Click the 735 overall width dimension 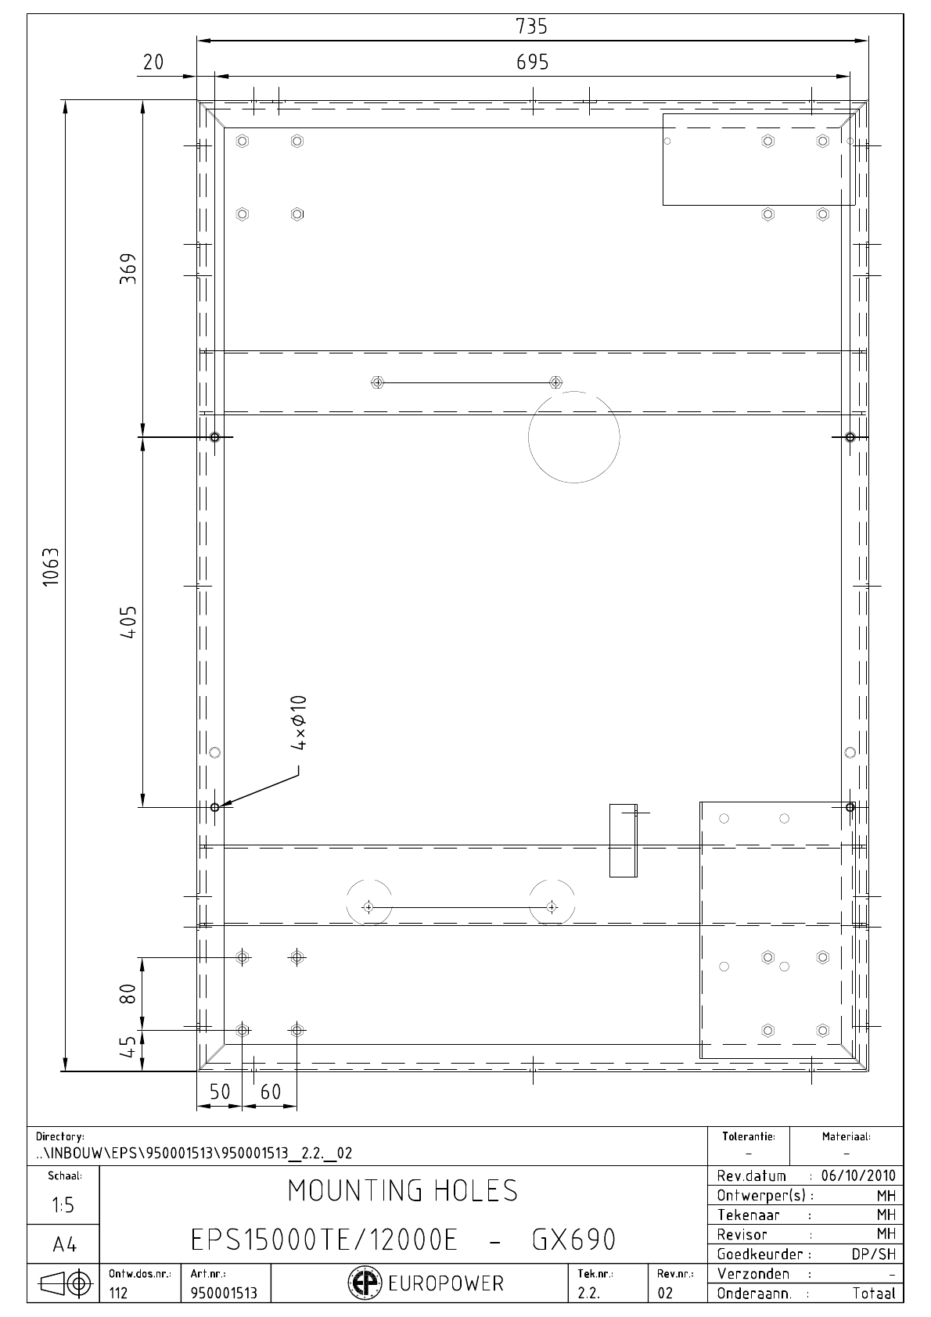pos(531,27)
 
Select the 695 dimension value pos(532,62)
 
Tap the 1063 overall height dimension pos(51,566)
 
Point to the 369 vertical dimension pos(128,269)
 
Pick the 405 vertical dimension pos(128,623)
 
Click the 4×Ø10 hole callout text pos(299,723)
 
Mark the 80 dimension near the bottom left pos(128,994)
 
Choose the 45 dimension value pos(128,1046)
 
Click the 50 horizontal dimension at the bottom pos(220,1092)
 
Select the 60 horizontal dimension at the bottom pos(271,1092)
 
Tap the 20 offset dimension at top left pos(153,63)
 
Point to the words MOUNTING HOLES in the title pos(403,1190)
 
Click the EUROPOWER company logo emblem pos(365,1283)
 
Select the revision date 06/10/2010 pos(858,1175)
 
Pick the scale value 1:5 pos(63,1205)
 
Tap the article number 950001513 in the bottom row pos(224,1293)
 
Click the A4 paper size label pos(65,1245)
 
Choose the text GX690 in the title pos(573,1240)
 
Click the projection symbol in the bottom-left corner pos(65,1283)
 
